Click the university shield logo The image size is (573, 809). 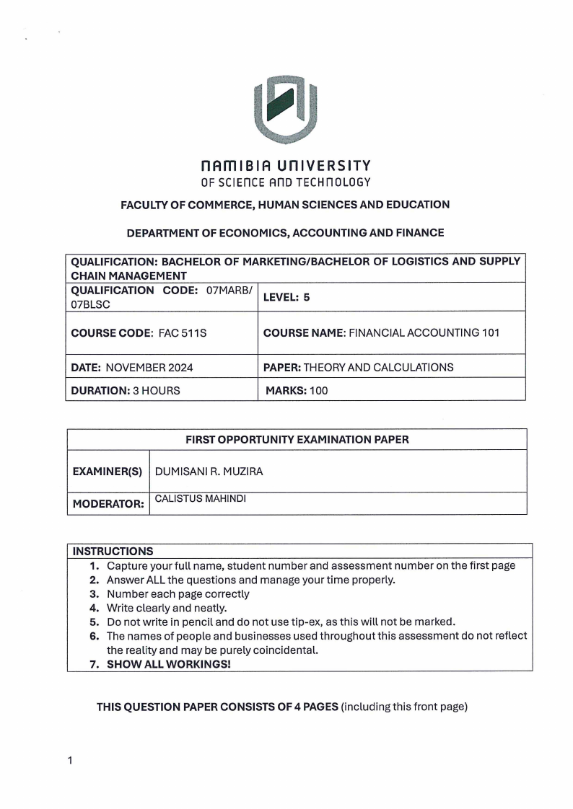(x=286, y=109)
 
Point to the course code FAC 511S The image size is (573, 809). (x=178, y=333)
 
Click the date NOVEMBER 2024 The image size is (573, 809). (x=149, y=367)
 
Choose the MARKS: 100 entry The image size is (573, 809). (x=297, y=390)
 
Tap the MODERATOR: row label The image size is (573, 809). (x=108, y=505)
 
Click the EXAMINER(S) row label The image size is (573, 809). (x=108, y=472)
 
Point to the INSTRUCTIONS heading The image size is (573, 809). (x=112, y=551)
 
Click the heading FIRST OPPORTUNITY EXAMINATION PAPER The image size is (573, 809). (x=297, y=439)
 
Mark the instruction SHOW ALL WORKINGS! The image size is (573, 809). (x=168, y=663)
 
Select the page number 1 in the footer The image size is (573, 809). (x=69, y=760)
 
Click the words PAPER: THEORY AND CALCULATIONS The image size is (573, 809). (x=358, y=367)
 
